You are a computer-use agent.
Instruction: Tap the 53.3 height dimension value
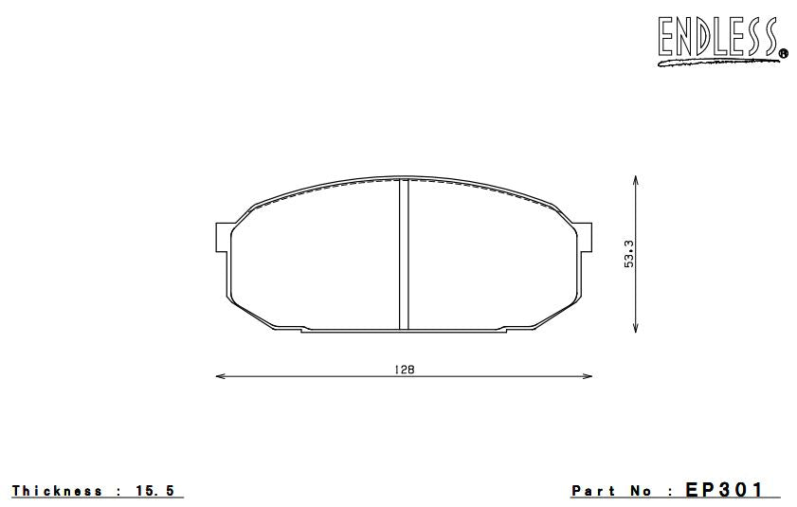[628, 252]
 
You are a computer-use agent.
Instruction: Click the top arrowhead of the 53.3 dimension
[635, 179]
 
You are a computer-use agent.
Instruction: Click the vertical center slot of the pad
[404, 254]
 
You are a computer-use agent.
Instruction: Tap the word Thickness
[57, 491]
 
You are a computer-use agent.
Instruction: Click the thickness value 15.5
[154, 491]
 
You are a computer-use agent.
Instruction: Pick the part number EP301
[725, 490]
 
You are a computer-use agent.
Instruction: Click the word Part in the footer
[592, 491]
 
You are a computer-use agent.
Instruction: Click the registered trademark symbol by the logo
[783, 54]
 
